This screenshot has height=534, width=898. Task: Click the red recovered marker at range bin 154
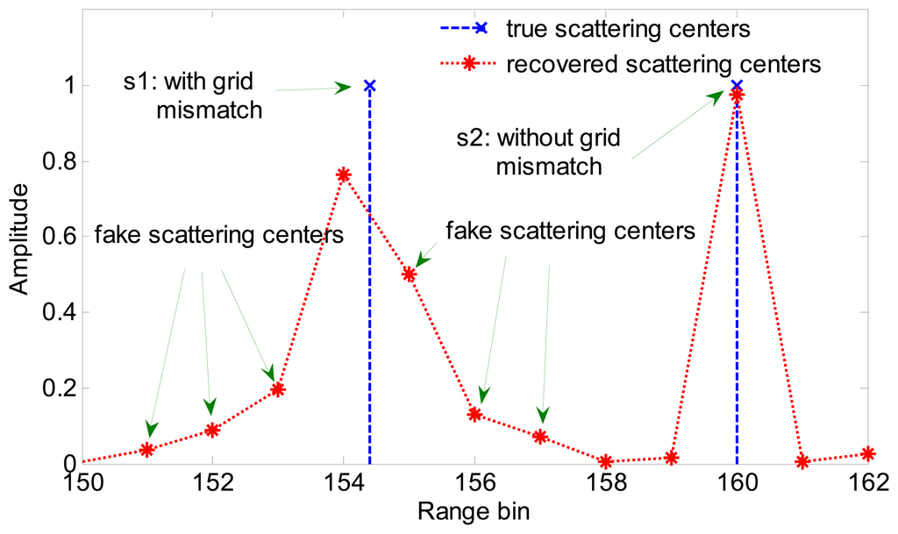(344, 174)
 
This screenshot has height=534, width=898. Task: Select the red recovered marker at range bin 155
(409, 274)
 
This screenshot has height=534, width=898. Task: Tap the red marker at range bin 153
(278, 389)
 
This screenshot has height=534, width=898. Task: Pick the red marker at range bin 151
(147, 450)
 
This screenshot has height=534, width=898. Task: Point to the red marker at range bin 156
(474, 414)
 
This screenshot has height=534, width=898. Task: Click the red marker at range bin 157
(540, 437)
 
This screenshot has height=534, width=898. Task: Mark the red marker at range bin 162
(868, 454)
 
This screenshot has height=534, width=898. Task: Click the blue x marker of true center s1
(370, 86)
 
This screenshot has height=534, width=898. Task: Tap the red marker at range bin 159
(672, 458)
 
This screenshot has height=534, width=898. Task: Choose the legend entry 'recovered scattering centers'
(663, 64)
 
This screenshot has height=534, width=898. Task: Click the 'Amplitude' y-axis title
(19, 237)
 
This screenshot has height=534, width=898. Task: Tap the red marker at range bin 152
(212, 430)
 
